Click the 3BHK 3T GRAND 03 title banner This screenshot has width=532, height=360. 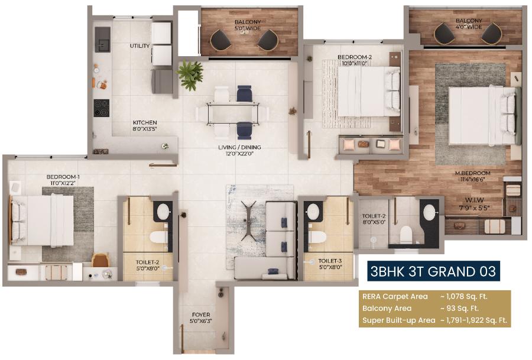[433, 272]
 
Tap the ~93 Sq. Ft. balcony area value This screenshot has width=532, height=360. [459, 309]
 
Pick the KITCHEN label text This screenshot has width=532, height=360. [145, 123]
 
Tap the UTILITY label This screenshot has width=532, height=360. [140, 46]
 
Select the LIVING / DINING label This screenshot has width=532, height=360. [239, 147]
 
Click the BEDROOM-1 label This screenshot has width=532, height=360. [63, 177]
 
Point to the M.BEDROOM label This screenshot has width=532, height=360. [473, 173]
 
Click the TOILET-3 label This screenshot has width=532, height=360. [330, 260]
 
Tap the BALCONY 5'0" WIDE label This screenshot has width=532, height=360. [247, 25]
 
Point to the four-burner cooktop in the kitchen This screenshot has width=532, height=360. [101, 107]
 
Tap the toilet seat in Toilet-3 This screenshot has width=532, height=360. [317, 238]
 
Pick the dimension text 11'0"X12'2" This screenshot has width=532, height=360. [63, 184]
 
